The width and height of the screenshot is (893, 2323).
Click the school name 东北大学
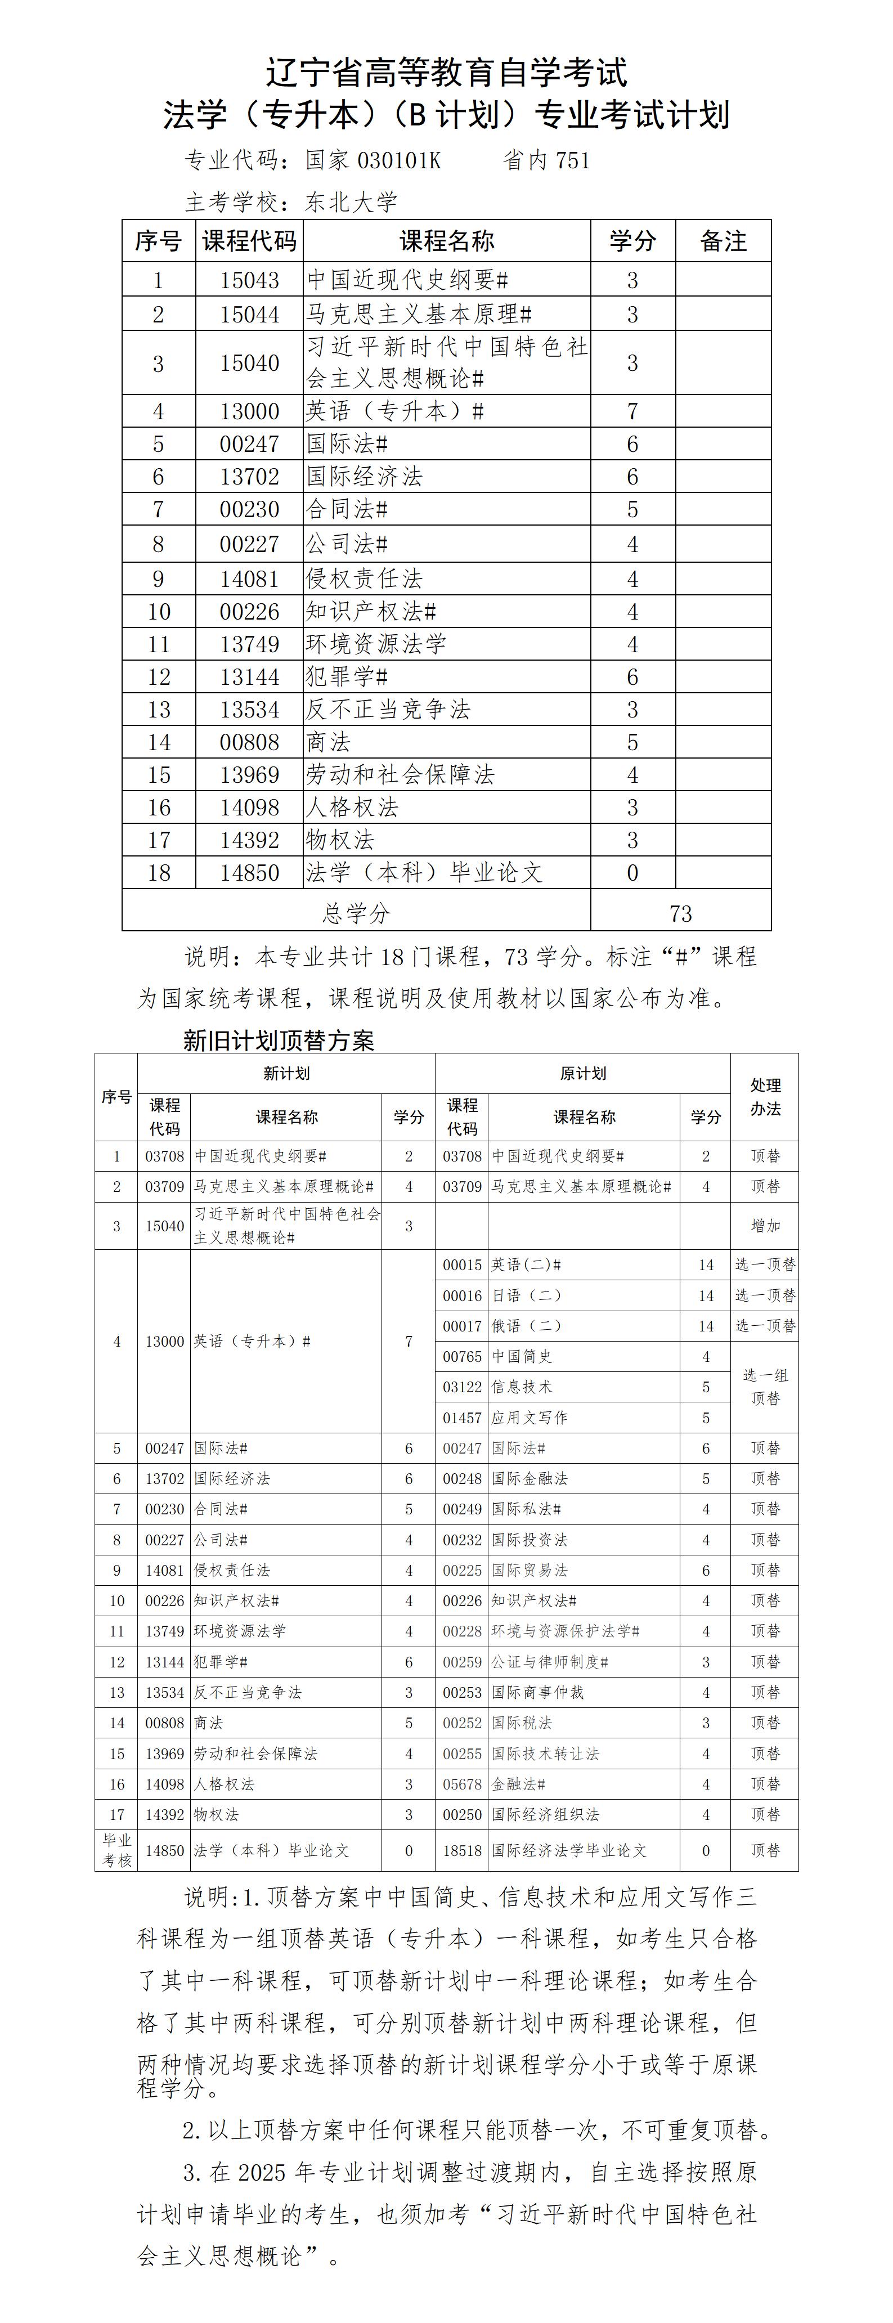[x=351, y=202]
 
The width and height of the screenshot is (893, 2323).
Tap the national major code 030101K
[x=399, y=160]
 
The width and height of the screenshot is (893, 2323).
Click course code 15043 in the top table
[x=249, y=280]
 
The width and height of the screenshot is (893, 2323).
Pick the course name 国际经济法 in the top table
[x=365, y=476]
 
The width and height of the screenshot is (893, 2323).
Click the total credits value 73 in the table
[x=680, y=913]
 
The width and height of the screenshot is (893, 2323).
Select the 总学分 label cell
[x=356, y=913]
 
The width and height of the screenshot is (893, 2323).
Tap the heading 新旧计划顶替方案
[x=278, y=1041]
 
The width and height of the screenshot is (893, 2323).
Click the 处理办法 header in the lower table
[x=765, y=1097]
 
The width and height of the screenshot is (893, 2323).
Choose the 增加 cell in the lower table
[x=765, y=1226]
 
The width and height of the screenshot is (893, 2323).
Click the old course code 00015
[x=462, y=1265]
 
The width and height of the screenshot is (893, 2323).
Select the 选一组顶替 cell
[x=765, y=1387]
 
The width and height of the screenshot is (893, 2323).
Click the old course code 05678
[x=462, y=1784]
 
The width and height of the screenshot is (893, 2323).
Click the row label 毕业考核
[x=116, y=1850]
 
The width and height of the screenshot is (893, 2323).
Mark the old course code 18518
[x=462, y=1850]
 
